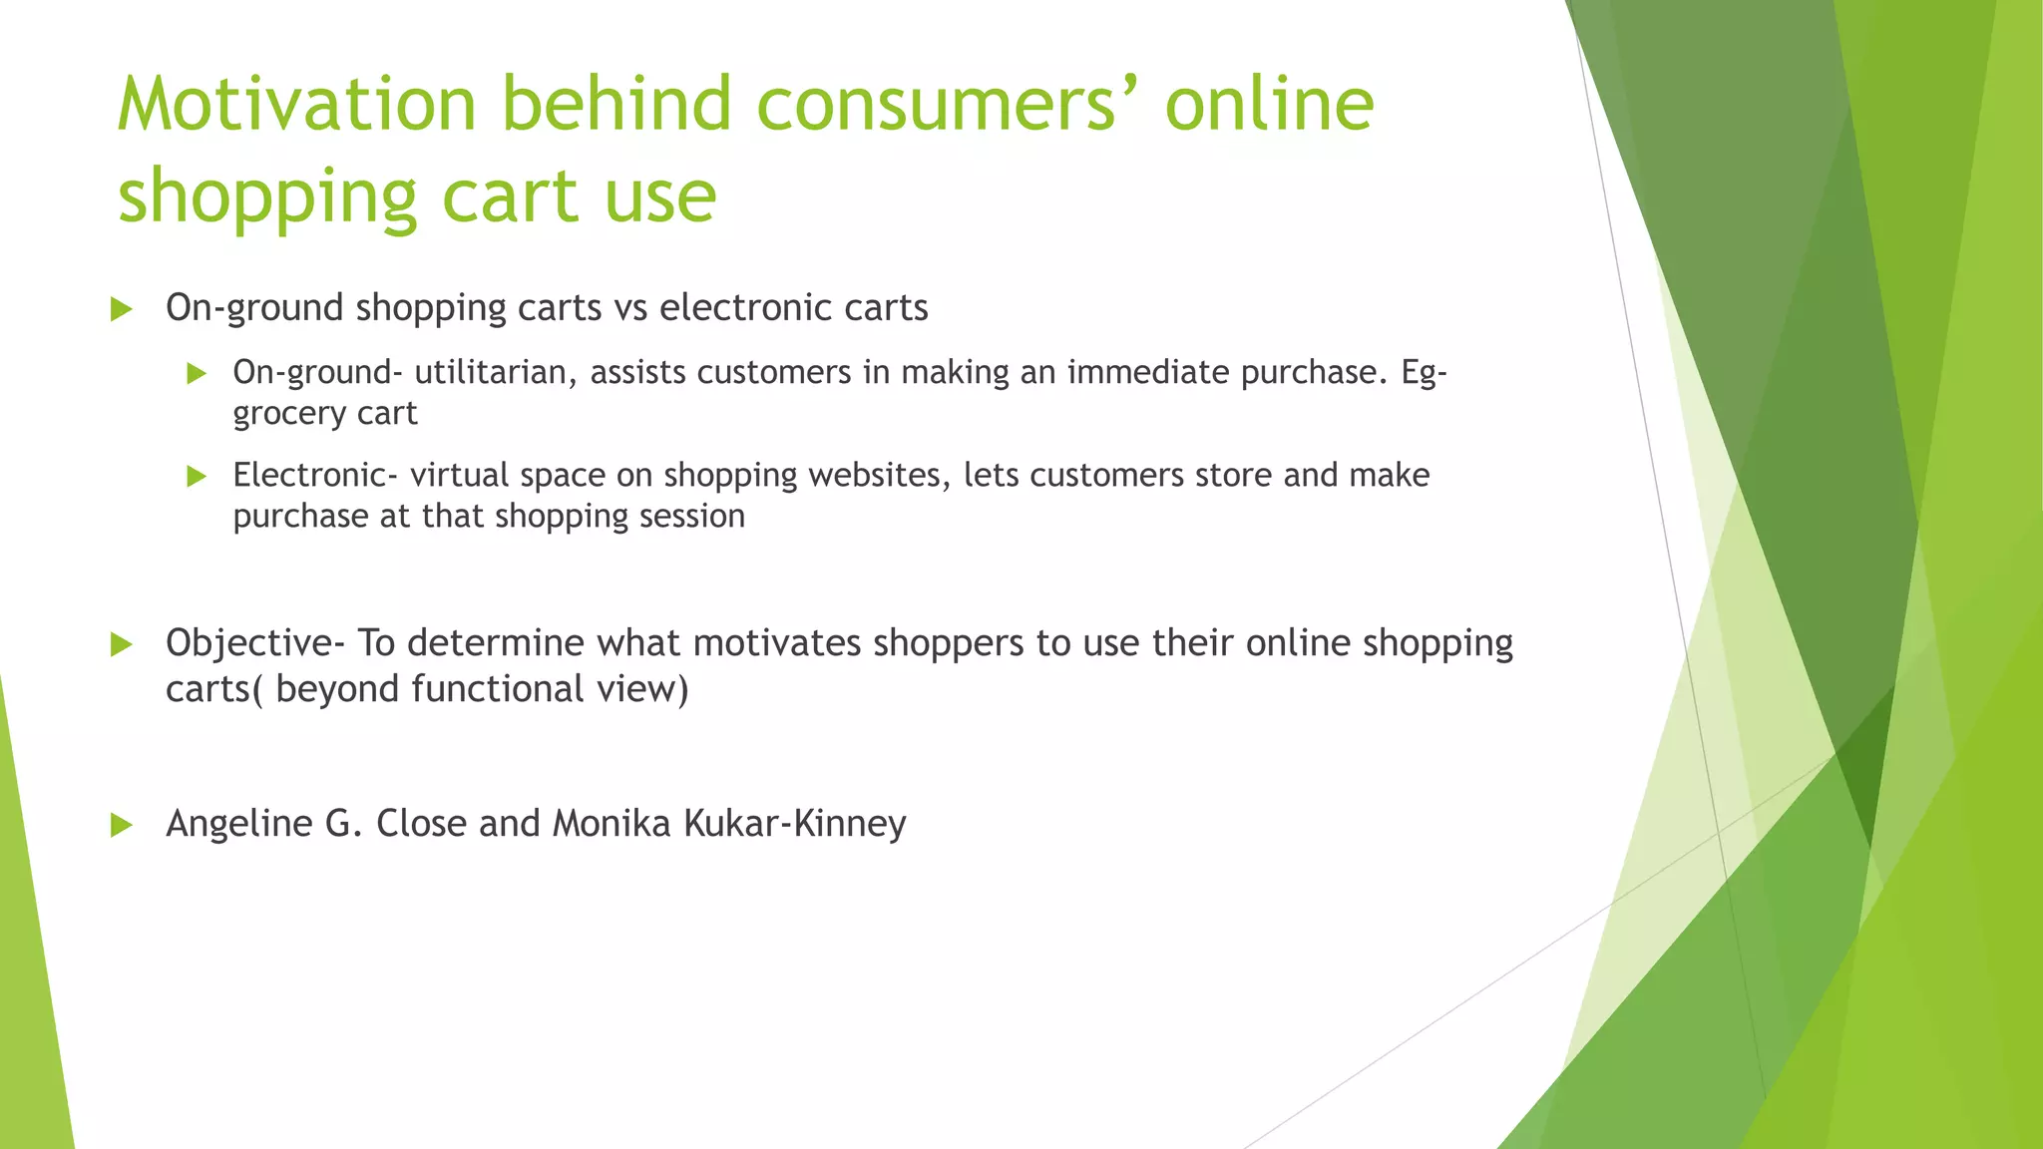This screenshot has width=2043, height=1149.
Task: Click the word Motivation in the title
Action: click(296, 104)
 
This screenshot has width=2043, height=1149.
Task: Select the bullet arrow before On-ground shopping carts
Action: click(122, 309)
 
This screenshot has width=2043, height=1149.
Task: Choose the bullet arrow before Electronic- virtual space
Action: click(197, 477)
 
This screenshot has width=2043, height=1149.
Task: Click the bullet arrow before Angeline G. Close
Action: click(122, 825)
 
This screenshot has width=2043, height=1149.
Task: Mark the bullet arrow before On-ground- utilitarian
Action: click(197, 374)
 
